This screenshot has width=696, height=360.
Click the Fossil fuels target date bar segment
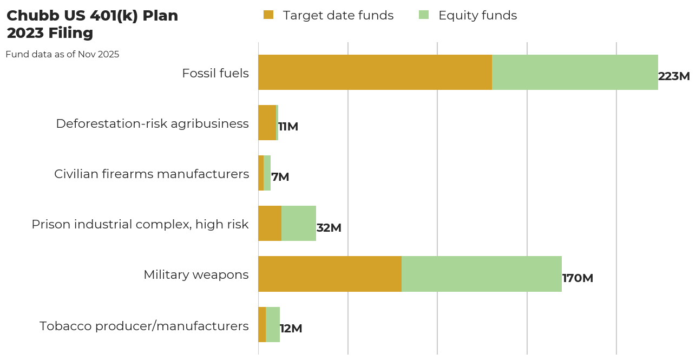[x=375, y=72]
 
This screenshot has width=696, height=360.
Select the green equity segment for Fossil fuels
[x=575, y=72]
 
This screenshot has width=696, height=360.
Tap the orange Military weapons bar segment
[x=330, y=274]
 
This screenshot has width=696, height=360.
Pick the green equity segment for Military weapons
[x=481, y=274]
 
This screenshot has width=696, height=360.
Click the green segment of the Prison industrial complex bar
[x=298, y=223]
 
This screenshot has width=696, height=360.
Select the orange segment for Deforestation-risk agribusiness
[x=267, y=122]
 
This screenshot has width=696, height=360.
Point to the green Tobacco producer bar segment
[x=273, y=324]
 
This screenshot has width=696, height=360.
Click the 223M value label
[x=674, y=76]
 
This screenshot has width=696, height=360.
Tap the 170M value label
[x=577, y=278]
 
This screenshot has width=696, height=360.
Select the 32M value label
[x=329, y=228]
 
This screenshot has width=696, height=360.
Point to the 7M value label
[x=280, y=177]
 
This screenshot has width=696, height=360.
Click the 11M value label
[x=288, y=127]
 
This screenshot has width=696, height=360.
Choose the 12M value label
[x=291, y=329]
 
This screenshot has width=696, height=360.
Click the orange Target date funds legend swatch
[x=268, y=15]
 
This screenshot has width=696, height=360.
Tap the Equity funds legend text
[x=477, y=16]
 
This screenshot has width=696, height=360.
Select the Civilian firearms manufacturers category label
[x=152, y=174]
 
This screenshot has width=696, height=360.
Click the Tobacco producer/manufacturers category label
[x=144, y=326]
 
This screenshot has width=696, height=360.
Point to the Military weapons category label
[x=196, y=274]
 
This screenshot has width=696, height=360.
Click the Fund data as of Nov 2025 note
[x=62, y=55]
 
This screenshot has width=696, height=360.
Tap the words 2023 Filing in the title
[x=50, y=33]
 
